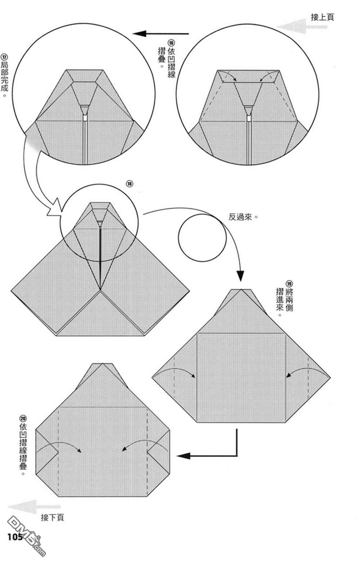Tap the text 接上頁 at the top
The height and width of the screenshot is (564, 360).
322,17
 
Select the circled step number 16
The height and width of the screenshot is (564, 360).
171,43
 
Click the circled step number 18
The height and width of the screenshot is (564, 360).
130,184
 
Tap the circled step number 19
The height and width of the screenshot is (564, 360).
289,284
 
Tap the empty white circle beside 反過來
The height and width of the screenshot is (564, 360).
202,238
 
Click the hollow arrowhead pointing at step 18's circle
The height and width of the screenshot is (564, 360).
55,208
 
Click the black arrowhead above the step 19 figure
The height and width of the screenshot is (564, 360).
240,276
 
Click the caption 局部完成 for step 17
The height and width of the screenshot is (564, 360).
4,80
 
